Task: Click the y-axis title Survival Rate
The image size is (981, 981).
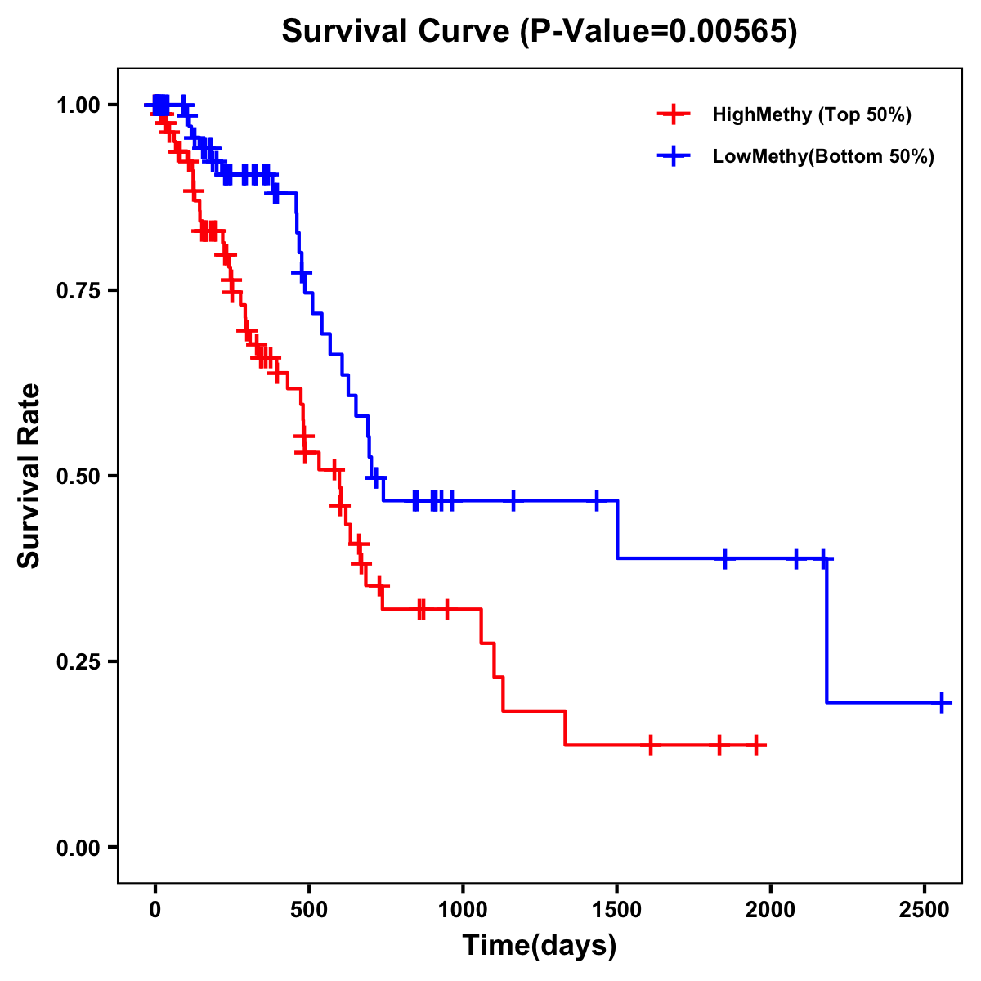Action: [x=29, y=475]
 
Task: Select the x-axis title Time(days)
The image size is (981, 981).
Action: [x=540, y=946]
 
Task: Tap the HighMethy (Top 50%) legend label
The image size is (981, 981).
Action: [x=812, y=114]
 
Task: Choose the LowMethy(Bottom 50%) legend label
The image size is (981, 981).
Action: [x=823, y=157]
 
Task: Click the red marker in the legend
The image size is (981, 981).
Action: [x=673, y=114]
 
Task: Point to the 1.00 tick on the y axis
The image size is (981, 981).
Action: [x=78, y=105]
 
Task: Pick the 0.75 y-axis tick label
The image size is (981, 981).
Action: [x=78, y=290]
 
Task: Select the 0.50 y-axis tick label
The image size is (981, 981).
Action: [x=78, y=476]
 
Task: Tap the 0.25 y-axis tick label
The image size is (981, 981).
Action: [x=78, y=661]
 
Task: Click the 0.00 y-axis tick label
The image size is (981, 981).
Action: [x=78, y=847]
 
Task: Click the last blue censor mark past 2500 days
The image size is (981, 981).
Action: [x=942, y=702]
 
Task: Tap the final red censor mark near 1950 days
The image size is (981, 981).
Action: [x=757, y=746]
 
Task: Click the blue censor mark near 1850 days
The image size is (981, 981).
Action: [x=724, y=558]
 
